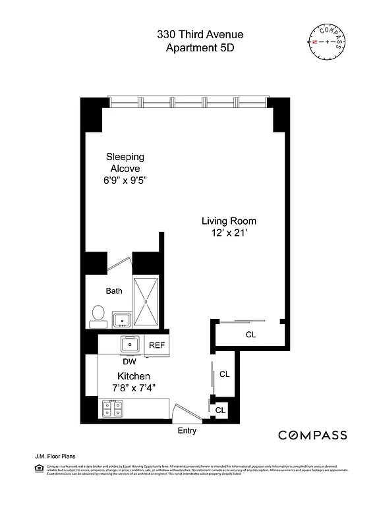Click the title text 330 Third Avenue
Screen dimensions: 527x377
(190, 34)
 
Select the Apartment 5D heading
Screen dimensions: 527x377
(190, 47)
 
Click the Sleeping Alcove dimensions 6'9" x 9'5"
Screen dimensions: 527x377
(125, 180)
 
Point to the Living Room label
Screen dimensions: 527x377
(229, 221)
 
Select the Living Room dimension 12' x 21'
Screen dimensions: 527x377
(229, 233)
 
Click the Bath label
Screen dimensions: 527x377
(114, 291)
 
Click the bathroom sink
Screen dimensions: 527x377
(122, 319)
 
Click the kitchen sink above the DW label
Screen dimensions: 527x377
(130, 344)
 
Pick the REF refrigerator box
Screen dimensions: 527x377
(157, 345)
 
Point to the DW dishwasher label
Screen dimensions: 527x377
(129, 361)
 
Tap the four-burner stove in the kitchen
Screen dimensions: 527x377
(113, 408)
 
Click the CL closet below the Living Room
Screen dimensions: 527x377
(250, 335)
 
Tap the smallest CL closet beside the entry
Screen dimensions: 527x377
(220, 410)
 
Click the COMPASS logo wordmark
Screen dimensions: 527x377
(312, 435)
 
